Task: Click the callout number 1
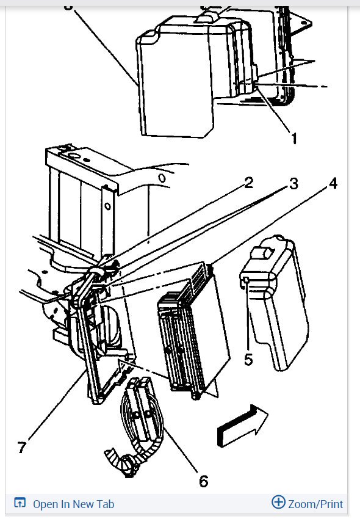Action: click(x=293, y=139)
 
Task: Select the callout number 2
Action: click(x=248, y=184)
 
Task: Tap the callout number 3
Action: click(x=293, y=184)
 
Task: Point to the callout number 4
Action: click(x=333, y=184)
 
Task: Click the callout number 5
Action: click(x=248, y=359)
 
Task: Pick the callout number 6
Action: click(x=203, y=481)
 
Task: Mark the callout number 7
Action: click(x=22, y=448)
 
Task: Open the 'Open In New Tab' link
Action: click(x=73, y=504)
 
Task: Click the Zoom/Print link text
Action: click(x=315, y=504)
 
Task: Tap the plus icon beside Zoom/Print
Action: click(x=278, y=503)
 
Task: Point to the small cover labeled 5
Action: click(x=275, y=305)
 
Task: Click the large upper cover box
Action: click(x=183, y=79)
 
